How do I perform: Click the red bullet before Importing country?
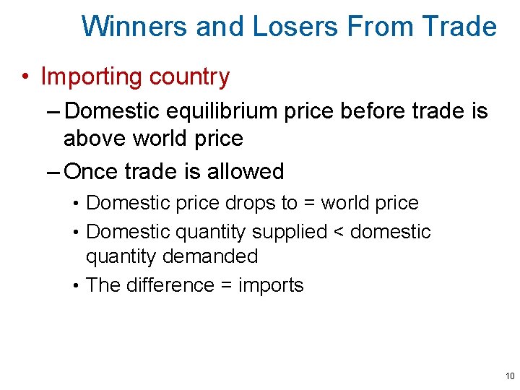(x=25, y=77)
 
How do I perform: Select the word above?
(x=95, y=137)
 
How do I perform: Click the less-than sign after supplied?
(x=339, y=232)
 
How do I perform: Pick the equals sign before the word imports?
(x=225, y=286)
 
